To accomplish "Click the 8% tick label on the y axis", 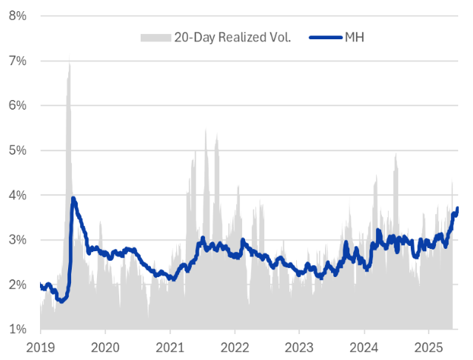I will (19, 16).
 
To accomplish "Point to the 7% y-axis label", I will (19, 60).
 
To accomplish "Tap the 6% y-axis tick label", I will (19, 105).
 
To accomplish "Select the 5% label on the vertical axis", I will (19, 150).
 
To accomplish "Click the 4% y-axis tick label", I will (19, 195).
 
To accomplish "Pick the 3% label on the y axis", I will (19, 240).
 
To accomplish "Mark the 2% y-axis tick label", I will (19, 284).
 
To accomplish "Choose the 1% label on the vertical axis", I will (19, 330).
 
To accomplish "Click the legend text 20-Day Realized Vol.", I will (232, 36).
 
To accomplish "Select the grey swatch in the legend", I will (154, 36).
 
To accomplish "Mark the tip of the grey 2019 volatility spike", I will (70, 55).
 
